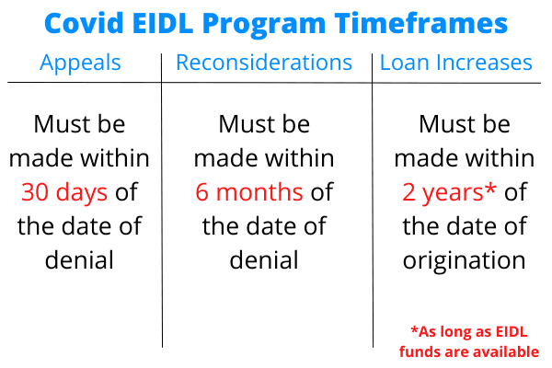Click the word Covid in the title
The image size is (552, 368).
(84, 23)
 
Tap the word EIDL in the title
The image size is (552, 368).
(163, 24)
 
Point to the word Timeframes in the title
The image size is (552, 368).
(421, 23)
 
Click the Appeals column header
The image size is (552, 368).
(80, 63)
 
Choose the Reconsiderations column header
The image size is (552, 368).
(264, 63)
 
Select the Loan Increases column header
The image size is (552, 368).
(456, 63)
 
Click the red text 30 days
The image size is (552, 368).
(64, 193)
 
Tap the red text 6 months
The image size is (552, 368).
(249, 192)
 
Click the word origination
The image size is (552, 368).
(464, 261)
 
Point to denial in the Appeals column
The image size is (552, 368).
(79, 259)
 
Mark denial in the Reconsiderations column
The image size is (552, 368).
(264, 259)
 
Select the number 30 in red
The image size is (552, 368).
(35, 192)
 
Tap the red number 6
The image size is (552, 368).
(201, 192)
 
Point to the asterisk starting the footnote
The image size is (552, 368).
(414, 329)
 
